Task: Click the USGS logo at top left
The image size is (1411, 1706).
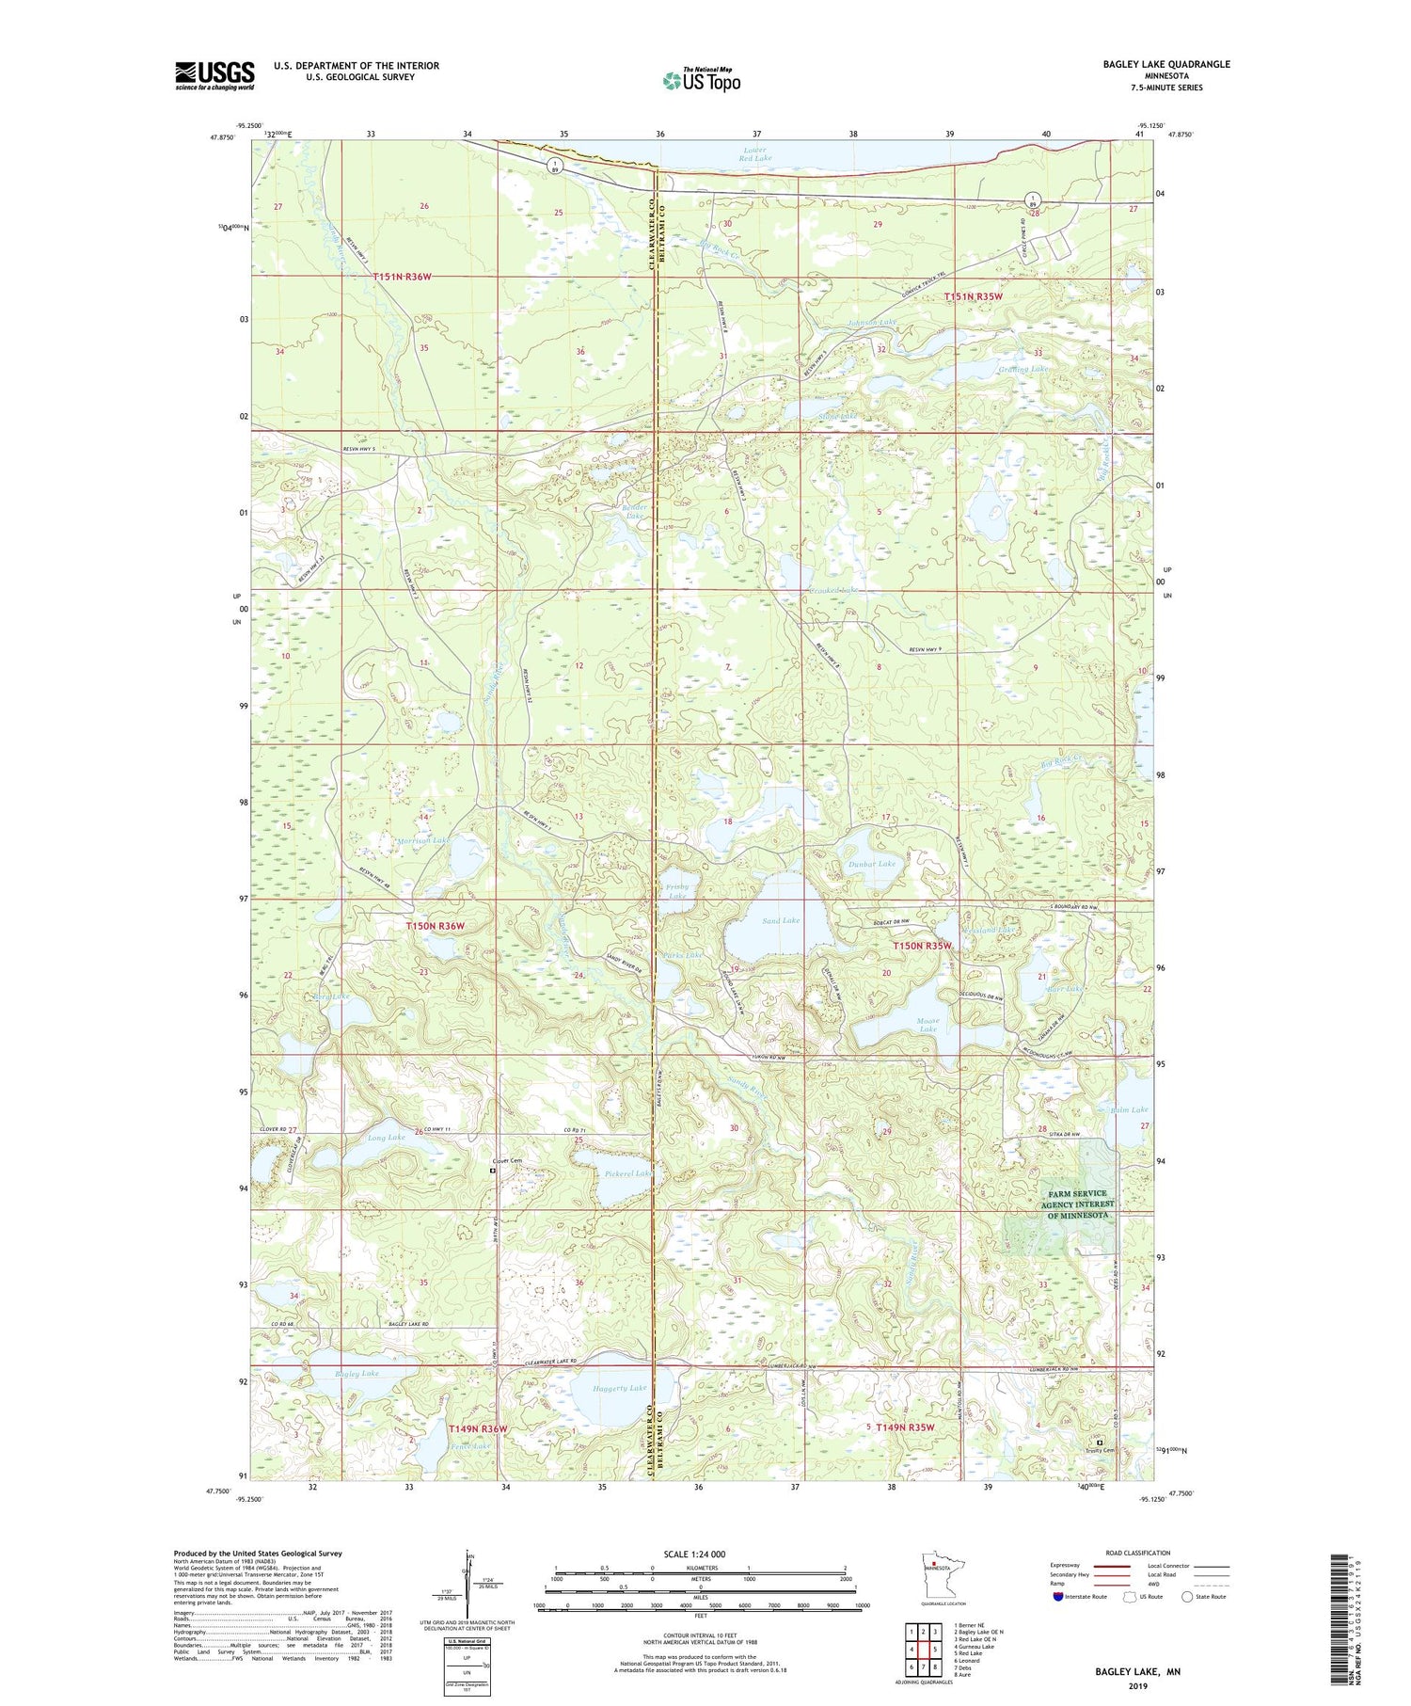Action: coord(214,75)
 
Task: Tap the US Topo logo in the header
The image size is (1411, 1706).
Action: coord(701,81)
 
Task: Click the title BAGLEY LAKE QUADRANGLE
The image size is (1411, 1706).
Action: coord(1165,64)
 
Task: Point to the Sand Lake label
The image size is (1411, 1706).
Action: coord(780,920)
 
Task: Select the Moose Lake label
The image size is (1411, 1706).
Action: coord(927,1024)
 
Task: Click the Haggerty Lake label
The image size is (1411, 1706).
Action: coord(620,1388)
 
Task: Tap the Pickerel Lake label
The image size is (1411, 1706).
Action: coord(627,1173)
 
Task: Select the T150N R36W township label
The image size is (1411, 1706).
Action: coord(436,926)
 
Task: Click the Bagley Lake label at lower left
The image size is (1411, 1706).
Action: coord(357,1373)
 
